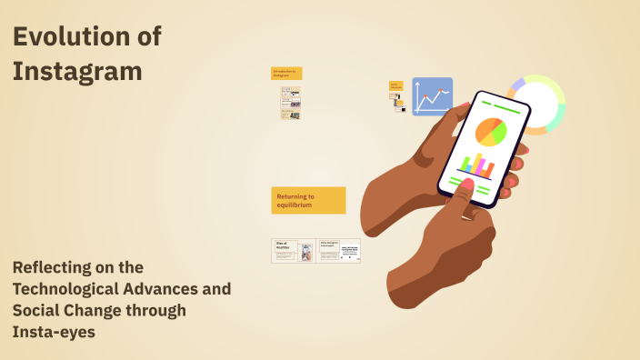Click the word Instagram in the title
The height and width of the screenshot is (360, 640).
pyautogui.click(x=77, y=71)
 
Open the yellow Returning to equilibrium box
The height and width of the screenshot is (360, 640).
pyautogui.click(x=308, y=200)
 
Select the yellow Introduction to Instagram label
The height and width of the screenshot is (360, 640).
pyautogui.click(x=285, y=73)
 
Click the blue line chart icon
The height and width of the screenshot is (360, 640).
pyautogui.click(x=432, y=95)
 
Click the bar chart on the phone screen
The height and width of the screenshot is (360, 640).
pyautogui.click(x=476, y=165)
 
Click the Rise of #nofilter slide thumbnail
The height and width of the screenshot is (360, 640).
pyautogui.click(x=285, y=251)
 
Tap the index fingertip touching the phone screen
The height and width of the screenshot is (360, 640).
pyautogui.click(x=465, y=188)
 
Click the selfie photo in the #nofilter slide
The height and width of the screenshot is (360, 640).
pyautogui.click(x=306, y=252)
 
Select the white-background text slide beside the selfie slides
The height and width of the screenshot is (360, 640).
pyautogui.click(x=349, y=251)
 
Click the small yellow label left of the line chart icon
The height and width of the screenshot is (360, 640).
pyautogui.click(x=396, y=86)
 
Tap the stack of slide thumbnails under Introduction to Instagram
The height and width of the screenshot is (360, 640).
pyautogui.click(x=290, y=103)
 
